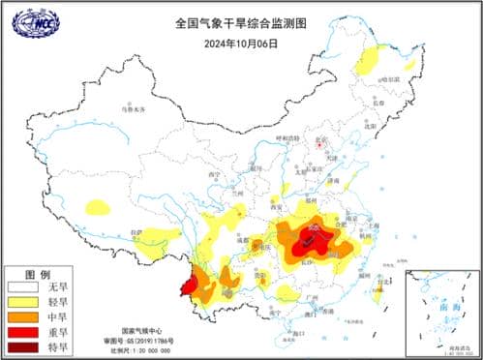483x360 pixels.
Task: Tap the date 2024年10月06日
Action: pos(241,43)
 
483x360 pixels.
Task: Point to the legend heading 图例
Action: pos(36,274)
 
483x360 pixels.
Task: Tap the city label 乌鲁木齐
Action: pos(130,109)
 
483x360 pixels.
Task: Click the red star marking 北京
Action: pos(321,145)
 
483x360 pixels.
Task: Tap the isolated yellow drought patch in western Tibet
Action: pos(98,206)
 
